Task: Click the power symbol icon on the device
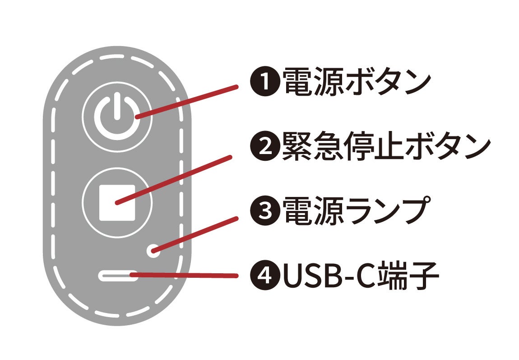117,116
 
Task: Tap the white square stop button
117,203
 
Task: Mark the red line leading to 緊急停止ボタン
174,181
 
